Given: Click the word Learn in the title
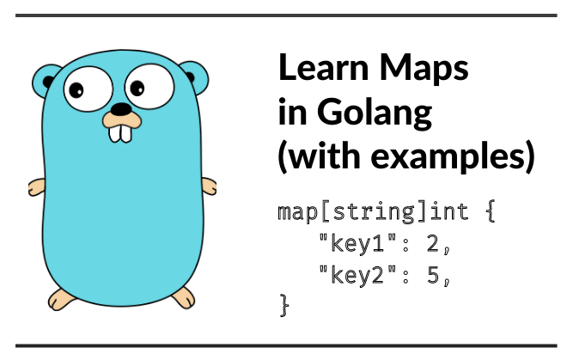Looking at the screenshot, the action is (x=323, y=67).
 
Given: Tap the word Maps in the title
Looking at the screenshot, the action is (x=424, y=69).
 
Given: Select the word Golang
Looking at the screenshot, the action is (x=375, y=113).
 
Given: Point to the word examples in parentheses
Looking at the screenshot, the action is (x=448, y=157).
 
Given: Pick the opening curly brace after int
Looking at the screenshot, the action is (x=491, y=211).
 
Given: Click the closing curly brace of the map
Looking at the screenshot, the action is (x=284, y=305).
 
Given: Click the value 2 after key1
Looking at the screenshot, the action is (x=433, y=243).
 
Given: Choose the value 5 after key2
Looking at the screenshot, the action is (x=433, y=275).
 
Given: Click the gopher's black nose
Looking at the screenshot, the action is (x=121, y=109).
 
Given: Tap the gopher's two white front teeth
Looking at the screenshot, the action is (x=120, y=134).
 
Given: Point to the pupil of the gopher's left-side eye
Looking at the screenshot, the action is (x=76, y=90).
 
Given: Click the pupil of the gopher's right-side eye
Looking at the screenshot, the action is (x=137, y=88).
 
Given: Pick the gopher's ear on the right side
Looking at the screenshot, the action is (x=194, y=76).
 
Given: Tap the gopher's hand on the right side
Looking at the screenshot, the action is (x=210, y=186).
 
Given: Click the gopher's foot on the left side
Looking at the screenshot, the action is (x=61, y=300).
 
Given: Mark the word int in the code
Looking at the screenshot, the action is (x=449, y=211).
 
